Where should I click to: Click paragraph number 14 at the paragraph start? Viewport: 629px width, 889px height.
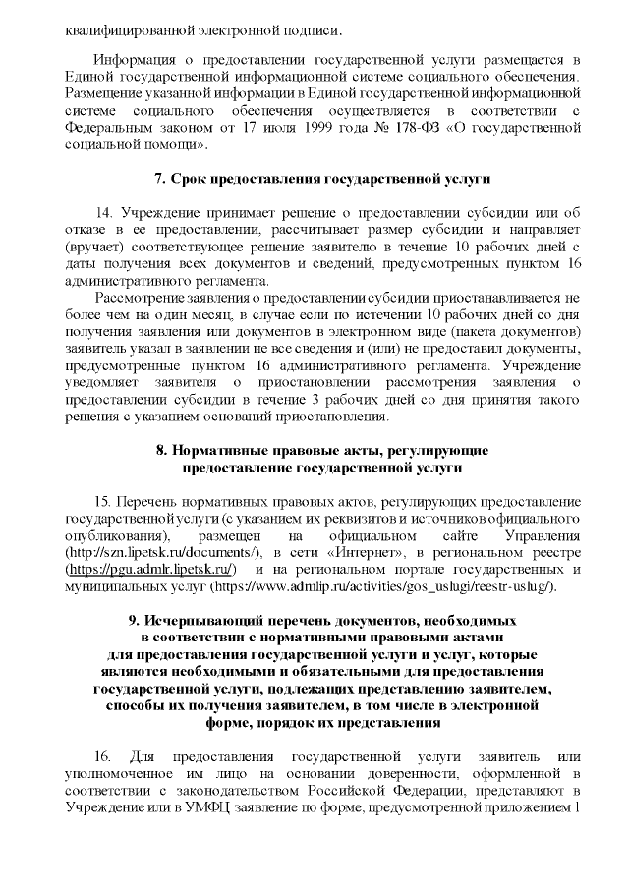[104, 214]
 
